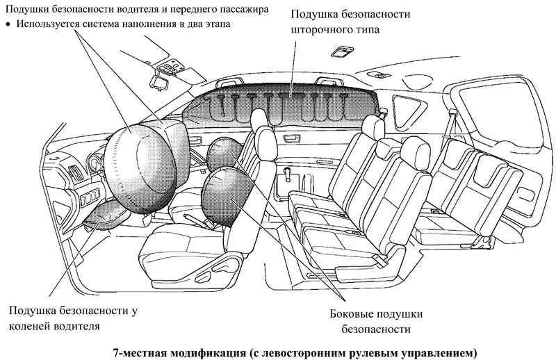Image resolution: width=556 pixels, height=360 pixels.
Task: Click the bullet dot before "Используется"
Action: [x=8, y=24]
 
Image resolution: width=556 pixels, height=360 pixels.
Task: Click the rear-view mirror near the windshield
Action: [x=159, y=83]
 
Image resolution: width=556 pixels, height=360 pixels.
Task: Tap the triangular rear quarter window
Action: [x=408, y=111]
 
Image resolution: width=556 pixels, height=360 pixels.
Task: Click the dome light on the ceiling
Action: [x=342, y=51]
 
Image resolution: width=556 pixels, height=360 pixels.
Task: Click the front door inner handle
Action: [x=195, y=140]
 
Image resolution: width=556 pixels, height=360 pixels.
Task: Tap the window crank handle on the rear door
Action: [x=287, y=174]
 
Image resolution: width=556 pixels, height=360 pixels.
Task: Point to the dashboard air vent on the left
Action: [x=76, y=174]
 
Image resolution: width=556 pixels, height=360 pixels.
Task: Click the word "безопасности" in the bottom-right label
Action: [x=376, y=329]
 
